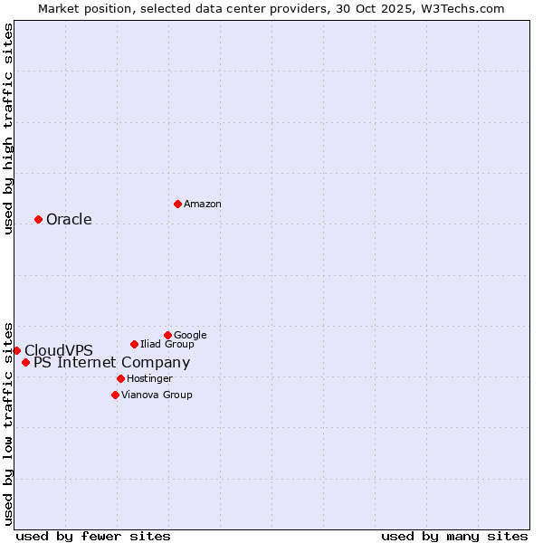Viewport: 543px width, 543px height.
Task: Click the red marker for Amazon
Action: pos(177,204)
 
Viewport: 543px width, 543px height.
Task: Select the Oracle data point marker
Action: pos(38,219)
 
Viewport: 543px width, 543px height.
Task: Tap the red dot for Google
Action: pos(167,335)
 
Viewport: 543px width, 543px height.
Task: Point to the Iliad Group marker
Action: pos(134,344)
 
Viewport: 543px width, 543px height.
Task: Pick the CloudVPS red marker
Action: pos(16,350)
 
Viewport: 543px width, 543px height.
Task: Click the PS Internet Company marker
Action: pos(25,363)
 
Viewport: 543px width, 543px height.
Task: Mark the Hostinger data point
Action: pos(120,378)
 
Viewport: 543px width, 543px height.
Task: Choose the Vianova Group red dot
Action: pos(115,395)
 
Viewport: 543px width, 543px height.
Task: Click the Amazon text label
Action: pos(203,205)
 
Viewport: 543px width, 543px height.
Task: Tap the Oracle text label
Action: pos(69,220)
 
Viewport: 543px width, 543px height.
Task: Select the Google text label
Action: pos(190,336)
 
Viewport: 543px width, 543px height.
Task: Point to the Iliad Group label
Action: pos(167,345)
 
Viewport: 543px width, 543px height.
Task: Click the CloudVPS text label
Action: pos(59,351)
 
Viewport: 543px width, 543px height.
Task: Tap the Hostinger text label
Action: pos(149,379)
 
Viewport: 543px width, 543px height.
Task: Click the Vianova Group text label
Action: pos(157,395)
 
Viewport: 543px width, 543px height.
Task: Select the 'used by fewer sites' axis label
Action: pos(93,537)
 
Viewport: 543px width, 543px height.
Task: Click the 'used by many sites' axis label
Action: pos(454,537)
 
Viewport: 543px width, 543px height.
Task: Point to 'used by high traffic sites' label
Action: pos(8,129)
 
